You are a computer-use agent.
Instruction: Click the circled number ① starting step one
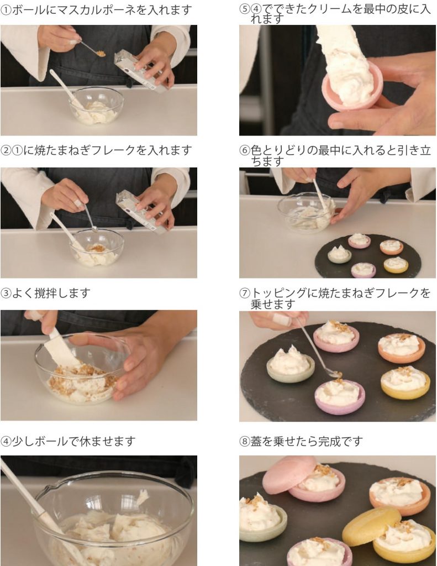coord(6,10)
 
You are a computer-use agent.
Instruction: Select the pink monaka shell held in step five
coord(354,88)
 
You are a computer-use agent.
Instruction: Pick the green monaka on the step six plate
coord(339,255)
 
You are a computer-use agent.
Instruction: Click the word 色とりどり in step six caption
coord(279,151)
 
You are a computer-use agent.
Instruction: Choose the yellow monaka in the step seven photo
coord(405,382)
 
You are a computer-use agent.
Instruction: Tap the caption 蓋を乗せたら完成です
coord(301,441)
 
